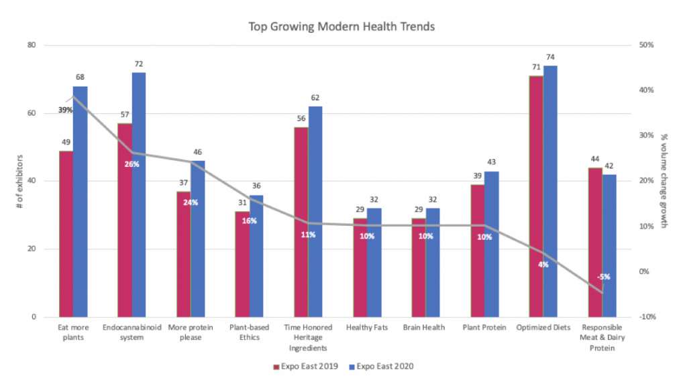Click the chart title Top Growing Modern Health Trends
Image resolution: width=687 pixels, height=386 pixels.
[341, 27]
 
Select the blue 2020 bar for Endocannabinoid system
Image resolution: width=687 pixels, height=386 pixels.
[139, 194]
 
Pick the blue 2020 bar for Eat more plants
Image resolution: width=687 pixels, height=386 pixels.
[81, 201]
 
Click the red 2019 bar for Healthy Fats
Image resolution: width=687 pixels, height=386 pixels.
[360, 267]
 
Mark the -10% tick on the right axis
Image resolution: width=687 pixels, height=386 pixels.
[647, 317]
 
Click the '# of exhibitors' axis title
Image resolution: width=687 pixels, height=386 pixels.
[19, 181]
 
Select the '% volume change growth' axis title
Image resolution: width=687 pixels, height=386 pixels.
[665, 181]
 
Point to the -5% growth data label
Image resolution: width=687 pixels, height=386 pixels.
[603, 277]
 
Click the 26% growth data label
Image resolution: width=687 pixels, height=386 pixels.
[131, 164]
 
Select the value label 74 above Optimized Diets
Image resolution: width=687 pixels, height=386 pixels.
[550, 57]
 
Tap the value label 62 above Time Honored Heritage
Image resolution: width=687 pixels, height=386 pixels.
[315, 98]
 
